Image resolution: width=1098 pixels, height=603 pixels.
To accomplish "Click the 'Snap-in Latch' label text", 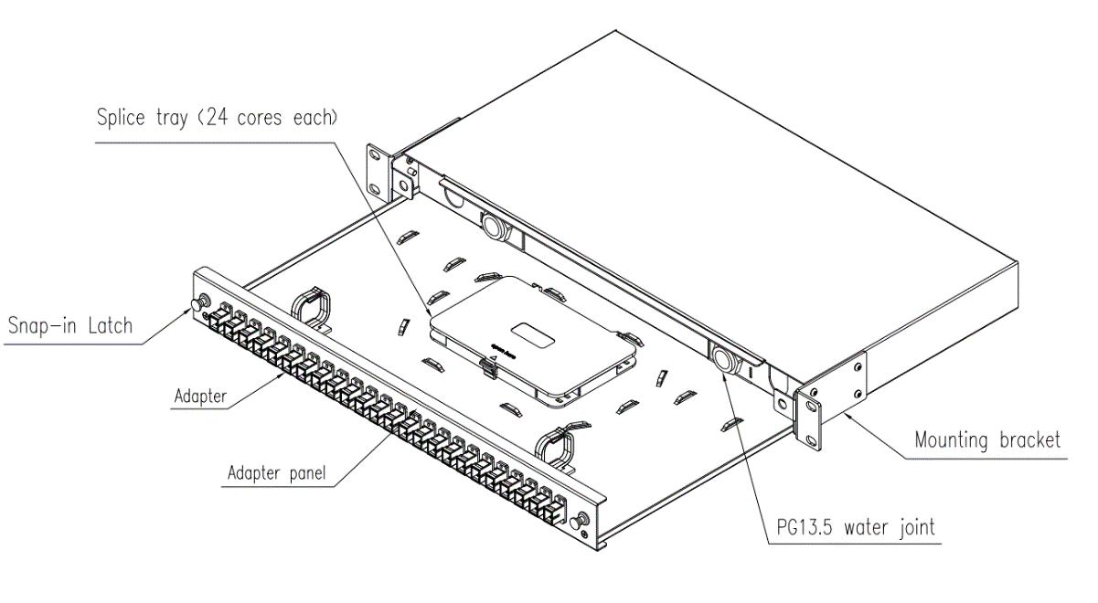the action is click(70, 326).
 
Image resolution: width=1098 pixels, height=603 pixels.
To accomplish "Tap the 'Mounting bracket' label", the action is click(987, 439).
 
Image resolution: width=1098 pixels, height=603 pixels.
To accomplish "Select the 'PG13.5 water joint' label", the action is click(856, 527).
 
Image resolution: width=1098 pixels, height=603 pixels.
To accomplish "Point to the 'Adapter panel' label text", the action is click(276, 473).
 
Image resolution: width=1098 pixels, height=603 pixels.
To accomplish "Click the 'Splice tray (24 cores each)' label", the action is click(218, 118).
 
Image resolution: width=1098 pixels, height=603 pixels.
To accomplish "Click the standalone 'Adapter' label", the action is click(200, 396).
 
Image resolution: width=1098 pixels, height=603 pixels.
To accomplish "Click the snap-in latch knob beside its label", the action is click(200, 302).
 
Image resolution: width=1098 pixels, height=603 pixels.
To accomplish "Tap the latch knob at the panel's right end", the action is click(581, 519).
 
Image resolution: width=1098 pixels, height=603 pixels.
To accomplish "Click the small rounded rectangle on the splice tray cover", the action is click(532, 335).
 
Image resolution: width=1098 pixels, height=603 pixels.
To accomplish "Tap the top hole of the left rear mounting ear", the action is click(376, 154).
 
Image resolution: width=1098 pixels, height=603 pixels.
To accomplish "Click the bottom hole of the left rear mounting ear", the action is click(375, 188).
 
